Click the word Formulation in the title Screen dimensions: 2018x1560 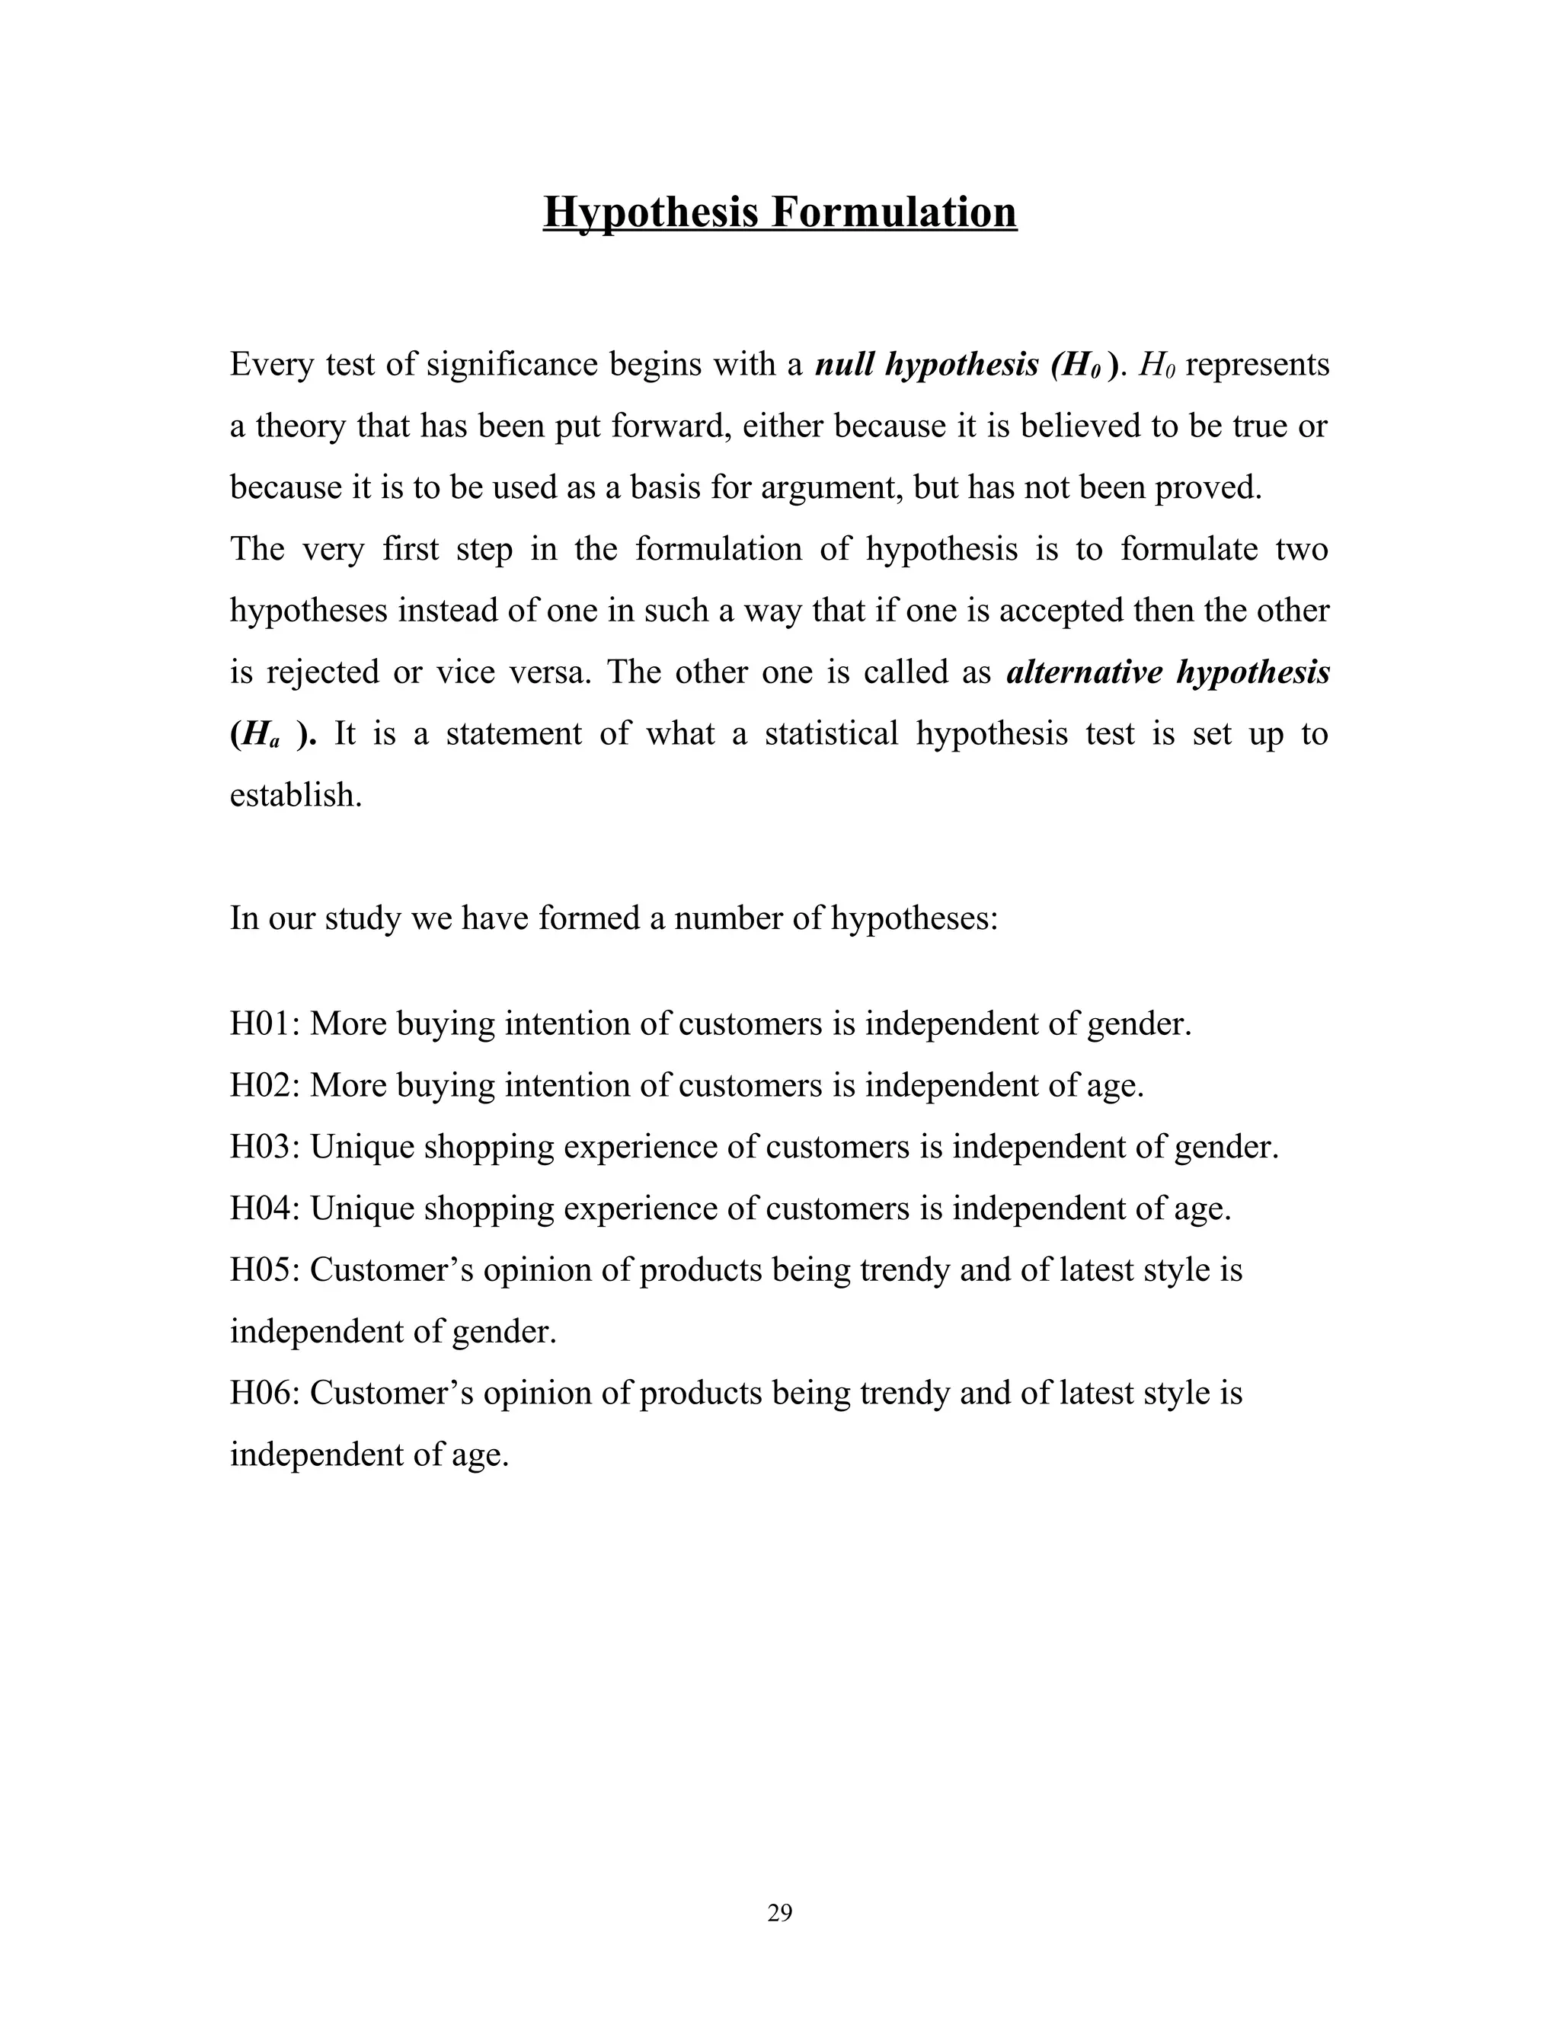(x=893, y=212)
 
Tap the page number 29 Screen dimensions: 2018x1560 (x=779, y=1913)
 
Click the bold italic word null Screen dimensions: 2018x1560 (x=844, y=365)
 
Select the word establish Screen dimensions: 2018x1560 (x=295, y=796)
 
